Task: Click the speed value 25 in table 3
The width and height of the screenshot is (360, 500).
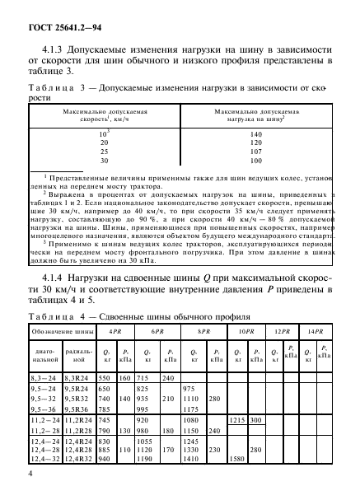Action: click(105, 152)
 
